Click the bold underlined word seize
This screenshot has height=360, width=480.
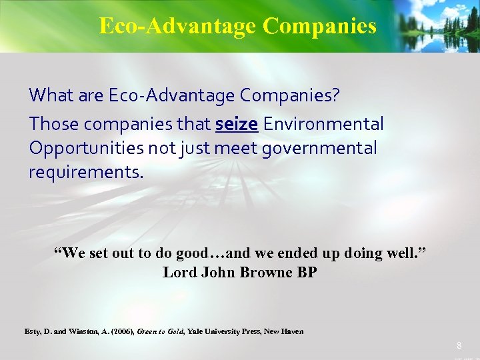(236, 124)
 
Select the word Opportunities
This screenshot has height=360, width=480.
(85, 149)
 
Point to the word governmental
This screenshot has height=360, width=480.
(319, 149)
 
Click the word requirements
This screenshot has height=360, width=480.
(85, 173)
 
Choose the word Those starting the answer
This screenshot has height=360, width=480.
(54, 124)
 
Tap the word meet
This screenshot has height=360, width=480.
(237, 149)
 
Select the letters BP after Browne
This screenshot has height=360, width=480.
(307, 272)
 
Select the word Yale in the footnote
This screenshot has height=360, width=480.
(196, 331)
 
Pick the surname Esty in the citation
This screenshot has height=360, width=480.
(32, 331)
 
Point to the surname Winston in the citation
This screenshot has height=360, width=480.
(85, 331)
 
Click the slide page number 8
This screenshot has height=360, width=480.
(459, 345)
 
